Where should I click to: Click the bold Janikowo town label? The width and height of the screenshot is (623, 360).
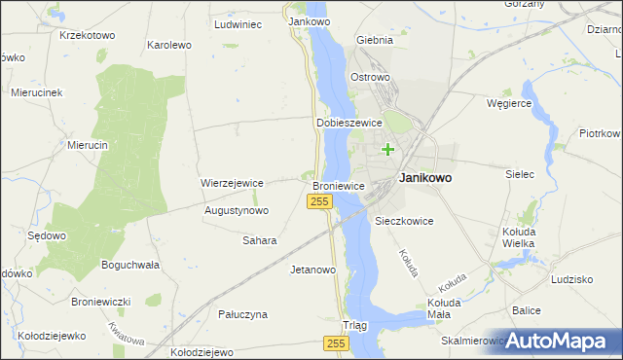coord(424,179)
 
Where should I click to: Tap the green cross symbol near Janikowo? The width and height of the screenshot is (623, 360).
coord(388,149)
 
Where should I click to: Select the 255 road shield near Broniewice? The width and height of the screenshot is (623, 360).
coord(322,200)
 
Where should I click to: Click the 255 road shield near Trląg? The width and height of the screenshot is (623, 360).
coord(336,344)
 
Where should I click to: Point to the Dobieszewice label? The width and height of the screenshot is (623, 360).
coord(348,124)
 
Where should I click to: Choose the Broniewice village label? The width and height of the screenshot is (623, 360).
coord(338,185)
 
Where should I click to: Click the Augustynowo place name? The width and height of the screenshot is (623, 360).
coord(237,210)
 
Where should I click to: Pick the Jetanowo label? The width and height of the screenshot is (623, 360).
coord(313,270)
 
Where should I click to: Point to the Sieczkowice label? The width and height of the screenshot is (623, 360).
coord(404,221)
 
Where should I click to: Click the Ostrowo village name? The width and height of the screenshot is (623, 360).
coord(370,77)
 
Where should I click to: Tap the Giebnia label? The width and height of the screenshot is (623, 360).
coord(375,41)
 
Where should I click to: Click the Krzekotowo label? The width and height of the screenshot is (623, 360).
coord(87,35)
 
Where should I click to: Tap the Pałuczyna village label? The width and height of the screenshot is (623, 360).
coord(241,314)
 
